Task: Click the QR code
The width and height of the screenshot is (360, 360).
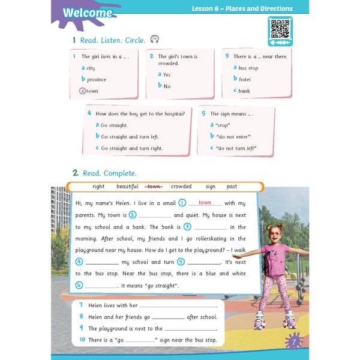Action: point(280,28)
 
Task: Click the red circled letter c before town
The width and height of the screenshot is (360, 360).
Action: point(83,91)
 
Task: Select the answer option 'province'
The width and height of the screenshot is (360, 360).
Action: point(96,79)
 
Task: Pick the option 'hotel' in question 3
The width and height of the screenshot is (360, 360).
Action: point(245,79)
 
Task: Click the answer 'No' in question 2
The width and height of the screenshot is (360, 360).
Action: point(167,86)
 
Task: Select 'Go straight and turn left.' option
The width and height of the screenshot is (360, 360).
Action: point(130,136)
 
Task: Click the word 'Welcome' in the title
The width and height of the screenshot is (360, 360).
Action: point(87,13)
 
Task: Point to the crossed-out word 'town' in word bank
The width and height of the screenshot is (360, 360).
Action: point(155,187)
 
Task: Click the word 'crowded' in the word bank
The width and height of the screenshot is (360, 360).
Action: point(181,187)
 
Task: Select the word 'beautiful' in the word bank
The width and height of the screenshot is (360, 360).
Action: point(127,187)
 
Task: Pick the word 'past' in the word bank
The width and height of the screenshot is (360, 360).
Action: point(232,187)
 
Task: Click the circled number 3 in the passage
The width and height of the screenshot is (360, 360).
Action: point(187,227)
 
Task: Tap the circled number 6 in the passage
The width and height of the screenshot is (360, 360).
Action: point(79,285)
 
